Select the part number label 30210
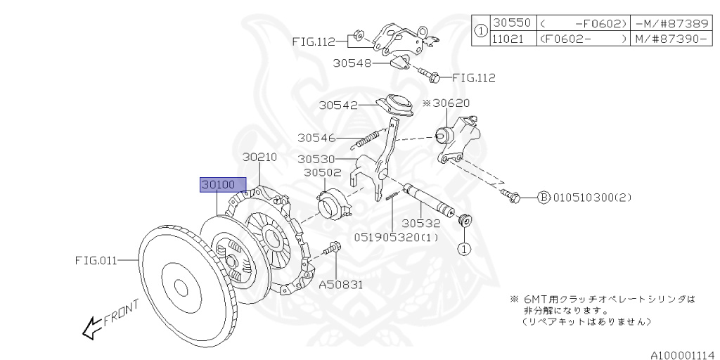tap(261, 157)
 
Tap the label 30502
tap(322, 172)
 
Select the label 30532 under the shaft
tap(421, 224)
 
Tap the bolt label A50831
tap(342, 285)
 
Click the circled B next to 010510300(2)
tap(543, 198)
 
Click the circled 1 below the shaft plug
tap(464, 247)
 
